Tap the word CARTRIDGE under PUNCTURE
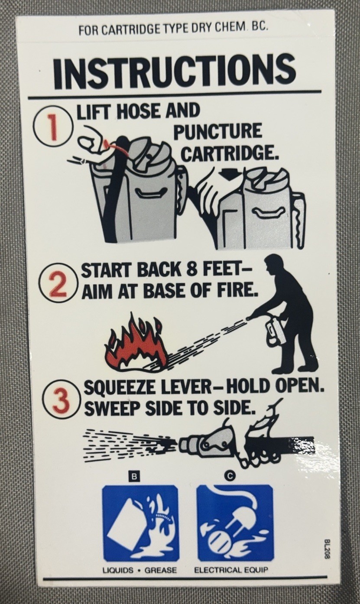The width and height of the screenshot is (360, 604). coord(229,153)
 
